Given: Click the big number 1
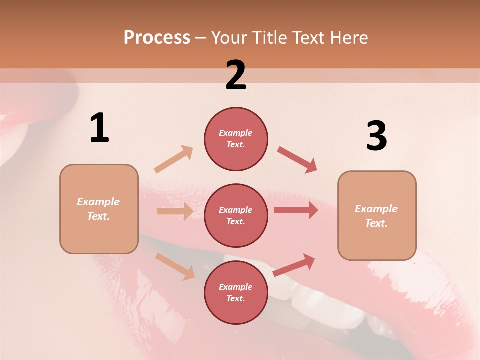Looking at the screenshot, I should [x=99, y=128].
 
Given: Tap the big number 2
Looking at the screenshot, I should [x=236, y=76].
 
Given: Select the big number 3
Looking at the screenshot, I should [x=376, y=136].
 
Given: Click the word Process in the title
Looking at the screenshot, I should [x=157, y=37].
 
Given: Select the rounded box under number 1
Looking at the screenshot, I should [x=99, y=209].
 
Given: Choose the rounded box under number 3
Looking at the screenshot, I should [x=377, y=215].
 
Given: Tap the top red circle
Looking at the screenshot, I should [x=236, y=139].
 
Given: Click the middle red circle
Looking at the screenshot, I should [x=236, y=215].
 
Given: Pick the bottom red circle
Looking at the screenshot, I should [x=236, y=292].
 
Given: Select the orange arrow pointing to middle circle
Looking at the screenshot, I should [x=175, y=211].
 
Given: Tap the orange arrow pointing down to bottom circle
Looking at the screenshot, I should [x=175, y=266].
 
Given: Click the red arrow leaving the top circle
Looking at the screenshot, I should [x=297, y=160].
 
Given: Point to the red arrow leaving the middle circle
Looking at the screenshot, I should [x=296, y=210].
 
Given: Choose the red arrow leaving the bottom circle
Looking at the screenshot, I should [x=294, y=265].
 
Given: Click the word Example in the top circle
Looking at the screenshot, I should [x=236, y=133].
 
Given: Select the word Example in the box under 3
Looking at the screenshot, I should [x=376, y=209].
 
